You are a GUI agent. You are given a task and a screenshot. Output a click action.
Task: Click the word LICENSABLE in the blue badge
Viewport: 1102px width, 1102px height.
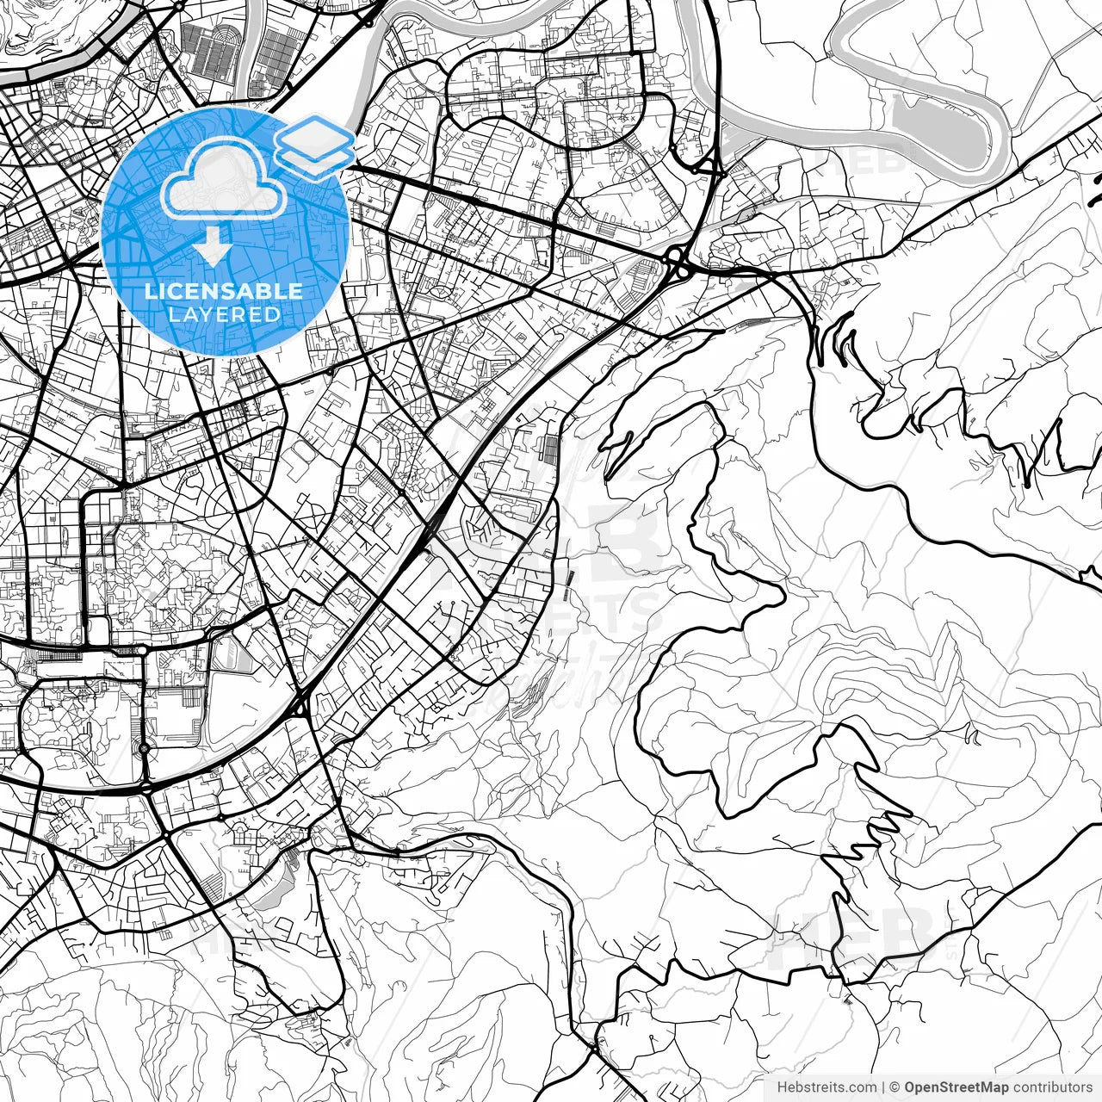(x=224, y=291)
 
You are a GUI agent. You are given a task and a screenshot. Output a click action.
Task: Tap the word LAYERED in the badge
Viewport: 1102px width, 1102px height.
(x=224, y=314)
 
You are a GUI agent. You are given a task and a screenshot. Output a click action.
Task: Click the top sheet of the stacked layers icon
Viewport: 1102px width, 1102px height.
(x=315, y=135)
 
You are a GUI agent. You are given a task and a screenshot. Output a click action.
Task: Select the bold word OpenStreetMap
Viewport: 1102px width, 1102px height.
(x=955, y=1087)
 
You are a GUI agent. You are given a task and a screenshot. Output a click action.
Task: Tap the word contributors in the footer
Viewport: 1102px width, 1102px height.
(x=1050, y=1087)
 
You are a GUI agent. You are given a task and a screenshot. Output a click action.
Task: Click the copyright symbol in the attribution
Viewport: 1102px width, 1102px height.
(x=895, y=1087)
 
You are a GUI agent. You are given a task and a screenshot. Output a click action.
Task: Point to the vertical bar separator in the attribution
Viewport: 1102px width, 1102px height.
(x=883, y=1087)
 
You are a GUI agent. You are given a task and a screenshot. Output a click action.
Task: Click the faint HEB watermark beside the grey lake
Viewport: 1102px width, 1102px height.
(x=861, y=164)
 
